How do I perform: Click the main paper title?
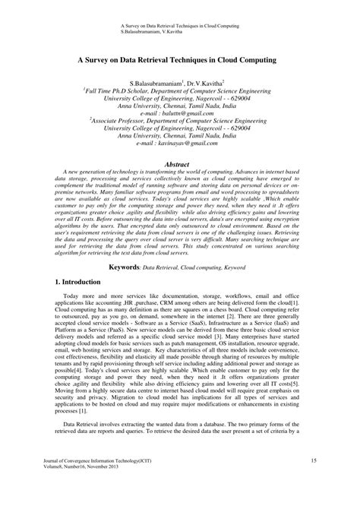(180, 58)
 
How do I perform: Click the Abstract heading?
(180, 163)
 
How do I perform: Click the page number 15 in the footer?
(313, 482)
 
